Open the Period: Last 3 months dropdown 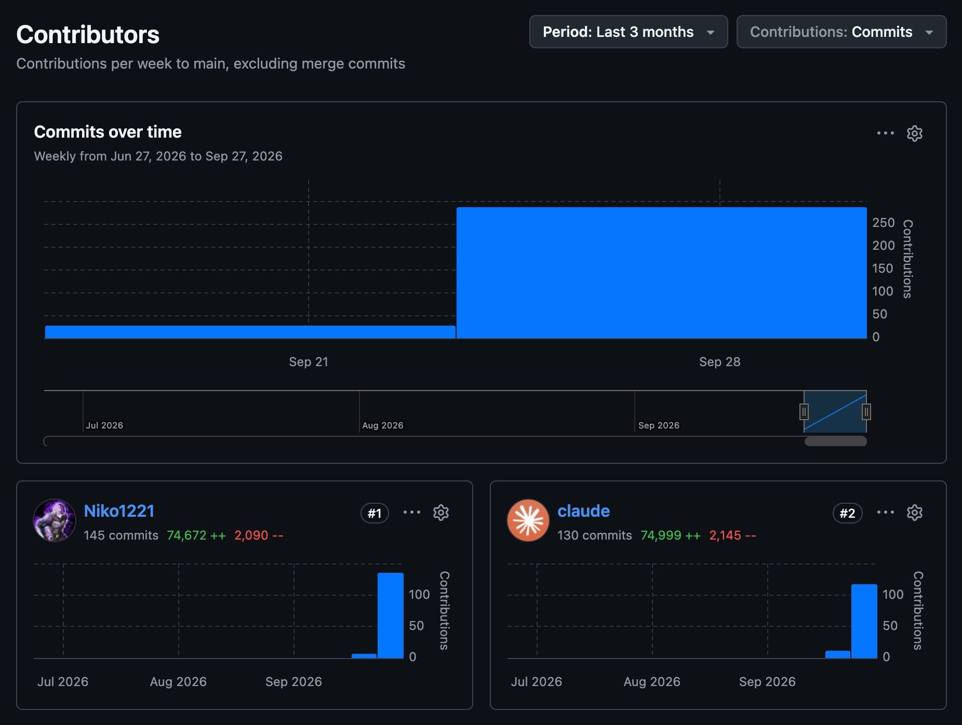point(628,32)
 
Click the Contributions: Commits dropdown point(841,32)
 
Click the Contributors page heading point(88,35)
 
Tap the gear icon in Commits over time point(914,133)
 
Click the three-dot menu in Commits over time point(885,133)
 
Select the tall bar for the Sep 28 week point(661,273)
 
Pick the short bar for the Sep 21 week point(250,332)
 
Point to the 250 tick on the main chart point(883,222)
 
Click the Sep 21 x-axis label point(309,362)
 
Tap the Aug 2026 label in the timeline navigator point(382,425)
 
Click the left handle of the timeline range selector point(804,412)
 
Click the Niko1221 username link point(119,511)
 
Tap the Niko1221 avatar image point(55,520)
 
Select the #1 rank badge point(375,513)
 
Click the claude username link point(583,511)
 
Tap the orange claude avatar point(528,520)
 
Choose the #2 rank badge point(847,513)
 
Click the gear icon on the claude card point(914,513)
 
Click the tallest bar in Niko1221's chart point(391,615)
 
